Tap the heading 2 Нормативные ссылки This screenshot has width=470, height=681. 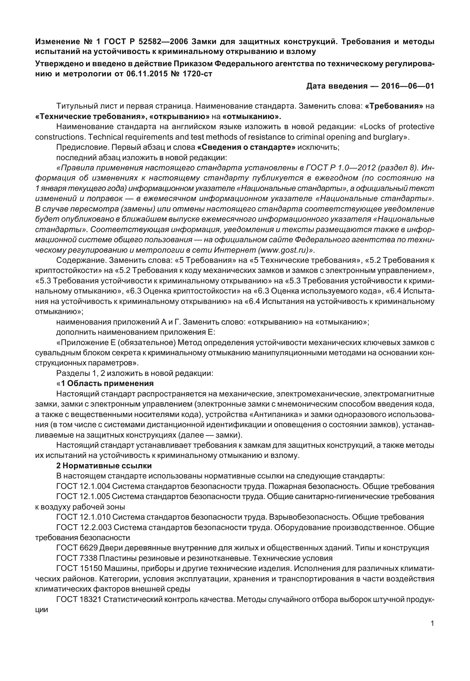[x=104, y=466]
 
